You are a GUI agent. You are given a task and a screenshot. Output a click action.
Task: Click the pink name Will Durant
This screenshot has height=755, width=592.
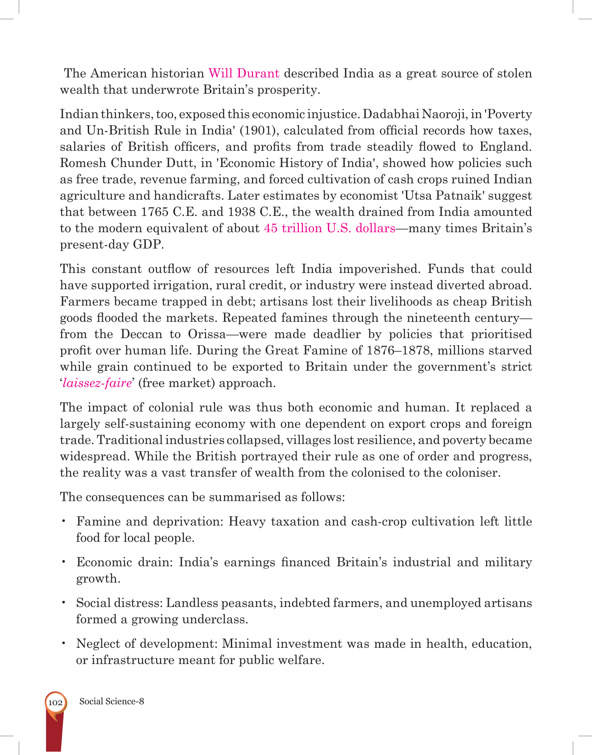243,73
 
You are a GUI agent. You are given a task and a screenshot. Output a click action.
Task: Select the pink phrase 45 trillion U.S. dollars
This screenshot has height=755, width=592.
329,228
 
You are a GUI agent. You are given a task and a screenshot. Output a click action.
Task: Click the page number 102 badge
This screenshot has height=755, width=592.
55,702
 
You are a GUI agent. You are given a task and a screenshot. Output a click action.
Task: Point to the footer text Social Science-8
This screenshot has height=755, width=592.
112,702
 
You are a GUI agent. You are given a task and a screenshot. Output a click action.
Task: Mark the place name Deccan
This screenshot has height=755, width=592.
141,334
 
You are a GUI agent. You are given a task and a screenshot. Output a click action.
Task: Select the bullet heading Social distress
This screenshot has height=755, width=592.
119,603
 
